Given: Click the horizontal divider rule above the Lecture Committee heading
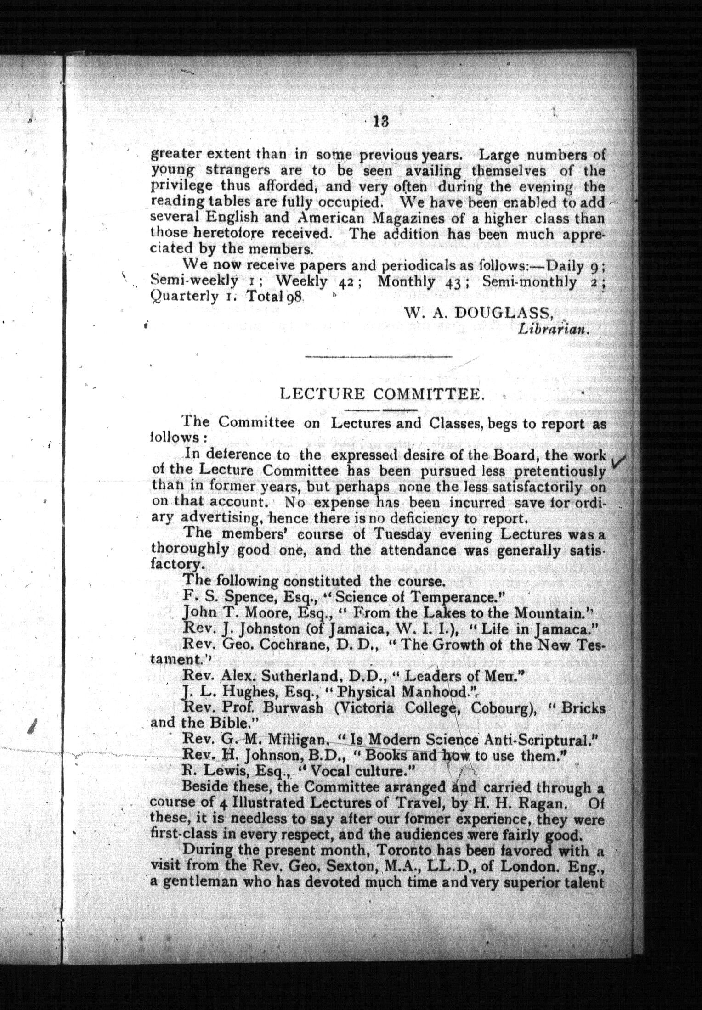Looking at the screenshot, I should [x=379, y=356].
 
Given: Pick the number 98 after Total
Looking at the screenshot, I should [x=294, y=297].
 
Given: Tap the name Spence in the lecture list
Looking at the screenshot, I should [x=243, y=597].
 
